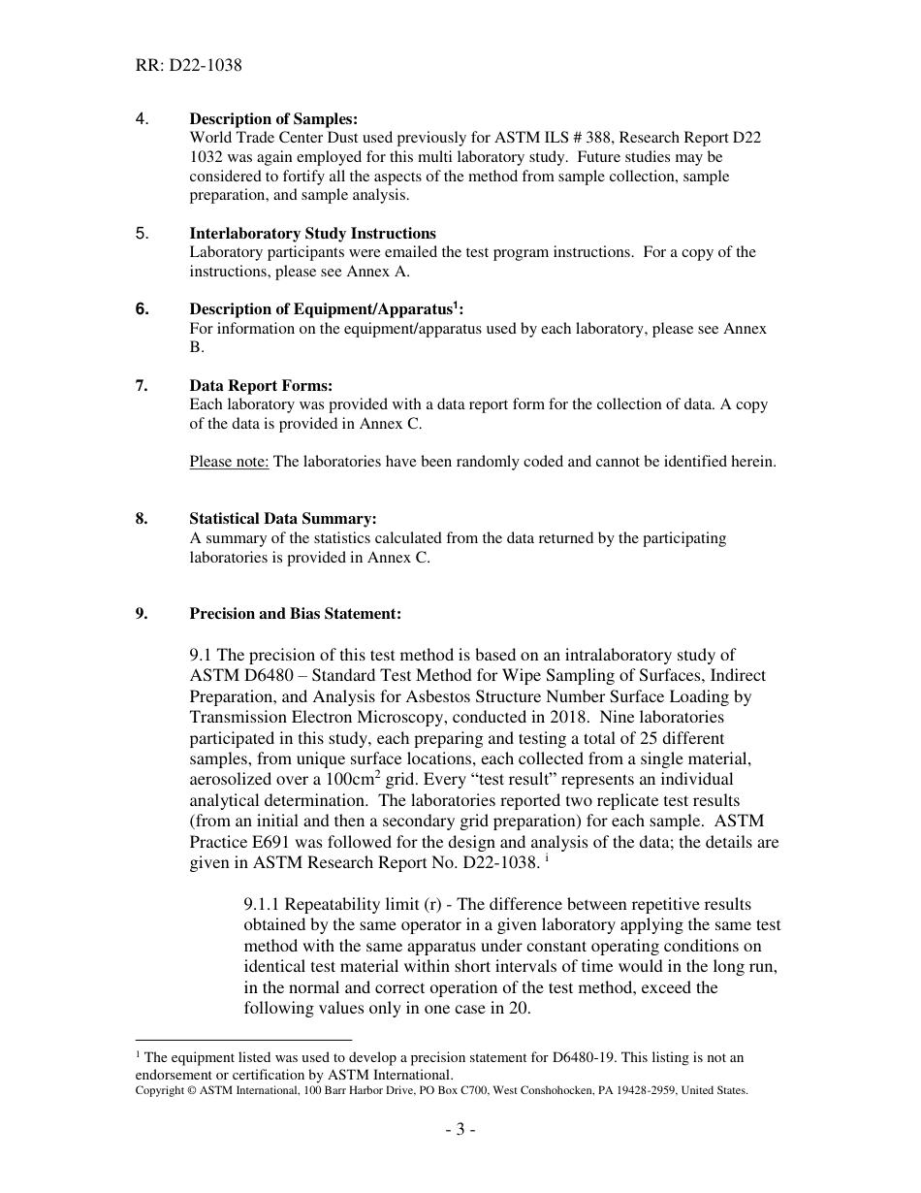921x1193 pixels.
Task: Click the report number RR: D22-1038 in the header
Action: tap(189, 66)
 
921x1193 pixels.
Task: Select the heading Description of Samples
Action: tap(273, 119)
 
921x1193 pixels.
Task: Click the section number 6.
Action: tap(143, 309)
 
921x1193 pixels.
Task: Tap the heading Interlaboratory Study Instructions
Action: tap(312, 234)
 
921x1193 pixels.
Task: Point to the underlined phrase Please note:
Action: tap(229, 462)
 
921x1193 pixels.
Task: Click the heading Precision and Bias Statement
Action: tap(295, 614)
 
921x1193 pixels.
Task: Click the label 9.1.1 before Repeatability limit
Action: tap(262, 905)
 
